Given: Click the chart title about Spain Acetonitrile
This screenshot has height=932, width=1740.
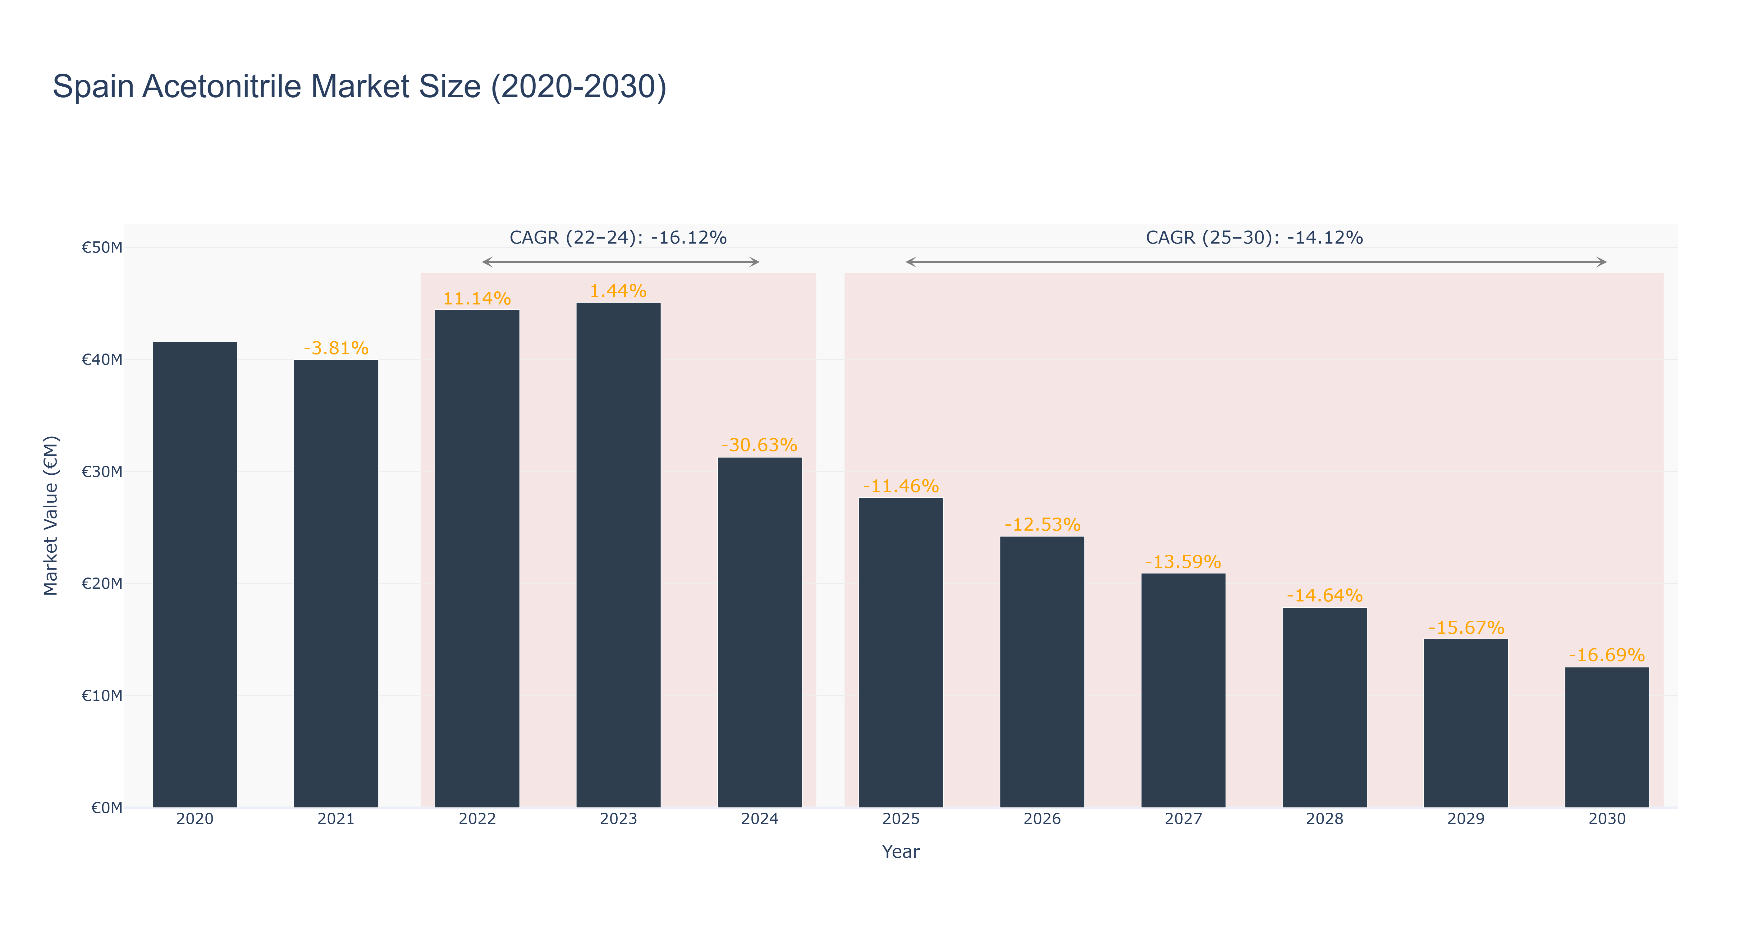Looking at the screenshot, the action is coord(359,87).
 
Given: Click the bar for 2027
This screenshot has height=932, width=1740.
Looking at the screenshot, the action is coord(1184,690).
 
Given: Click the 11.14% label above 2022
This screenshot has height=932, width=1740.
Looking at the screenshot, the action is coord(477,299).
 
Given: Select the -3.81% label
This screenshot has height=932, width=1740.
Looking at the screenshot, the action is coord(336,349).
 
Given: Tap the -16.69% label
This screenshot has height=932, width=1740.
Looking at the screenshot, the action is coord(1607,655).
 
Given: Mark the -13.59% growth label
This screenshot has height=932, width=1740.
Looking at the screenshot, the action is coord(1184,562).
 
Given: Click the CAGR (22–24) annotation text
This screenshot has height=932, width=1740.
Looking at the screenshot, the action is coord(618,238).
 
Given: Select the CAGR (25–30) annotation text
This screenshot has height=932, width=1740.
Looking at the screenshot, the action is coord(1254,238).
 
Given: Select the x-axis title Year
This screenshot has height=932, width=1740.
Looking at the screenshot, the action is coord(901,852).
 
